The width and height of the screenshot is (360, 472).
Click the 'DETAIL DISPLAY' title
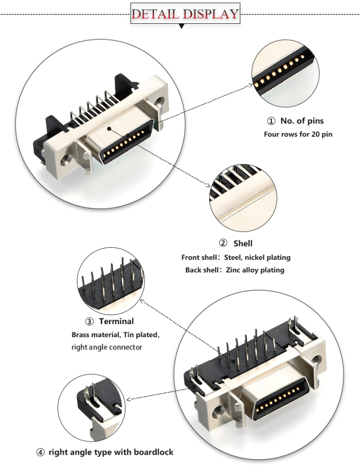(x=185, y=14)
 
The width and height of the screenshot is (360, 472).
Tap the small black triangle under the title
(x=181, y=27)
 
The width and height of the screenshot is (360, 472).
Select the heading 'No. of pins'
(x=302, y=121)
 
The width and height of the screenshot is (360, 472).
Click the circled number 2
(x=223, y=243)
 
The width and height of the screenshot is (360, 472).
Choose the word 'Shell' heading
(x=243, y=243)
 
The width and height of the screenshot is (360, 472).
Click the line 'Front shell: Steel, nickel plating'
(x=236, y=258)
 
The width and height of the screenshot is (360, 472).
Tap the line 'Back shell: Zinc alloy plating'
(x=234, y=270)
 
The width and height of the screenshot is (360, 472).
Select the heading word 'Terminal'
(x=116, y=321)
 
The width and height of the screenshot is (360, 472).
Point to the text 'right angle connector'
(x=106, y=347)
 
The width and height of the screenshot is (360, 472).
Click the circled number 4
(x=41, y=452)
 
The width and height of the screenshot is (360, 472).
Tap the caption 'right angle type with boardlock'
(x=111, y=452)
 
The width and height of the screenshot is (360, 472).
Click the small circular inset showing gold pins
(x=285, y=74)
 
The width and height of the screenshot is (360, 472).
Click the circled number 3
(x=89, y=322)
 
